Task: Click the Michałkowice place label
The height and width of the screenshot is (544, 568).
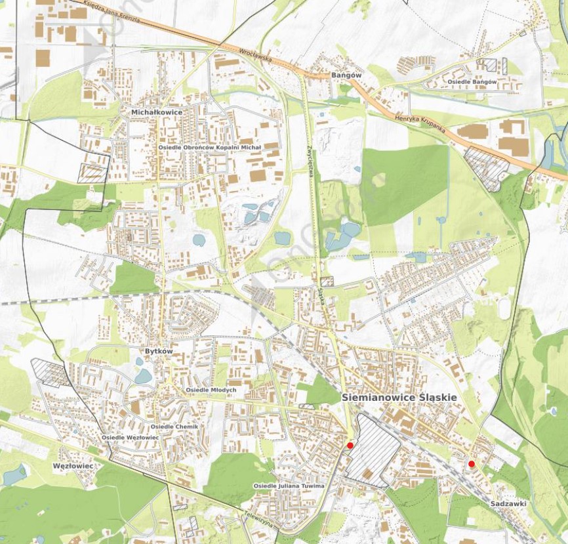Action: pos(156,112)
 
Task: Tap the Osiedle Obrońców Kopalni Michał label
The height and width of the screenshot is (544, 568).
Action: pos(209,148)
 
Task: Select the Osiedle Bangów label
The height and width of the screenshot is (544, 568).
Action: pos(472,81)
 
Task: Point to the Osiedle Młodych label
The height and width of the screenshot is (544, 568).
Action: pos(211,390)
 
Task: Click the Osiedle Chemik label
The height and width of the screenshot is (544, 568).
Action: pos(174,427)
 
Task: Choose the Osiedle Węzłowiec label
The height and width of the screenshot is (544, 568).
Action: pos(131,437)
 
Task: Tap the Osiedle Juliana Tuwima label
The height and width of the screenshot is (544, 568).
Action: pos(289,486)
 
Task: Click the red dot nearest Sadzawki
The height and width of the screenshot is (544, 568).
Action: pos(471,464)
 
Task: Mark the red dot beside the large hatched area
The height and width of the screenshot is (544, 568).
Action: pos(350,446)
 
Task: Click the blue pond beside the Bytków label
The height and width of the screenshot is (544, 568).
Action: pos(142,376)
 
